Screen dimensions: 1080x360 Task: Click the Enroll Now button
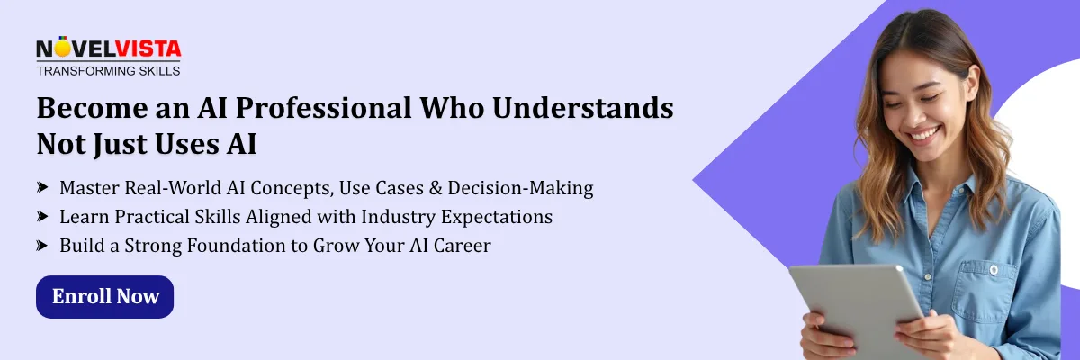104,296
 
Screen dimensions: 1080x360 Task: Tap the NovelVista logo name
109,49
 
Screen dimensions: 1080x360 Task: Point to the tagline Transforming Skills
109,71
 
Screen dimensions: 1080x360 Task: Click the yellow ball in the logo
62,49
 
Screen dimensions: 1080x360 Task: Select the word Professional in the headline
323,108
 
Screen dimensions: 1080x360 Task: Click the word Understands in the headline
583,107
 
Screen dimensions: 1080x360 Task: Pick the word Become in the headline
93,107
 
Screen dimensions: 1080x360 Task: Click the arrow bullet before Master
42,187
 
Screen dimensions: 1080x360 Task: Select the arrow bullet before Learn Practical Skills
42,216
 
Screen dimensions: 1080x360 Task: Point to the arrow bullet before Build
42,246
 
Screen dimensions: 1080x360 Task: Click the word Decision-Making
520,188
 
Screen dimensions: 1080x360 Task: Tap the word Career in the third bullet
462,246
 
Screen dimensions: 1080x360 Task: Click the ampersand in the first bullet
436,188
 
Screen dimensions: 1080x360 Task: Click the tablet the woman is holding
856,309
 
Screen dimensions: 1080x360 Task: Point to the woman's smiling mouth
923,133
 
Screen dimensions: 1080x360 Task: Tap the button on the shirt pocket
994,270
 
